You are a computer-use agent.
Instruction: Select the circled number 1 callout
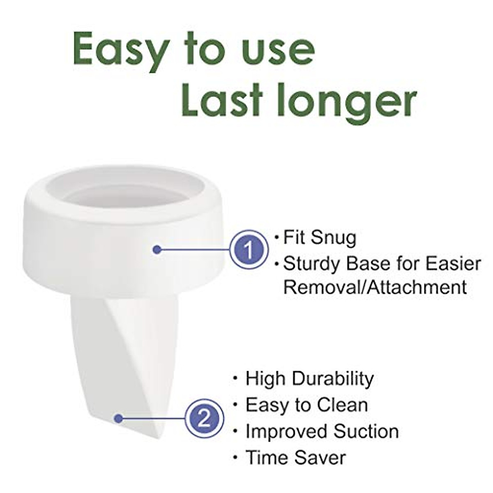tap(249, 249)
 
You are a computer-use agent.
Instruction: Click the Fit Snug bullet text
tap(320, 237)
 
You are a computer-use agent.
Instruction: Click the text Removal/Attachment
tap(375, 287)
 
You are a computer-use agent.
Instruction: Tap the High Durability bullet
tap(309, 378)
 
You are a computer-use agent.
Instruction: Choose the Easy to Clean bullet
tap(306, 405)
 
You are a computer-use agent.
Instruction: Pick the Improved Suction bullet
tap(322, 431)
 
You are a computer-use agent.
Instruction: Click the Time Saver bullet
tap(295, 457)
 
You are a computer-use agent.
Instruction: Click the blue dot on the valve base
tap(157, 249)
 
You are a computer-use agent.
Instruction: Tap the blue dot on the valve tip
tap(119, 419)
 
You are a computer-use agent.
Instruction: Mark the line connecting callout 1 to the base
tap(193, 249)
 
